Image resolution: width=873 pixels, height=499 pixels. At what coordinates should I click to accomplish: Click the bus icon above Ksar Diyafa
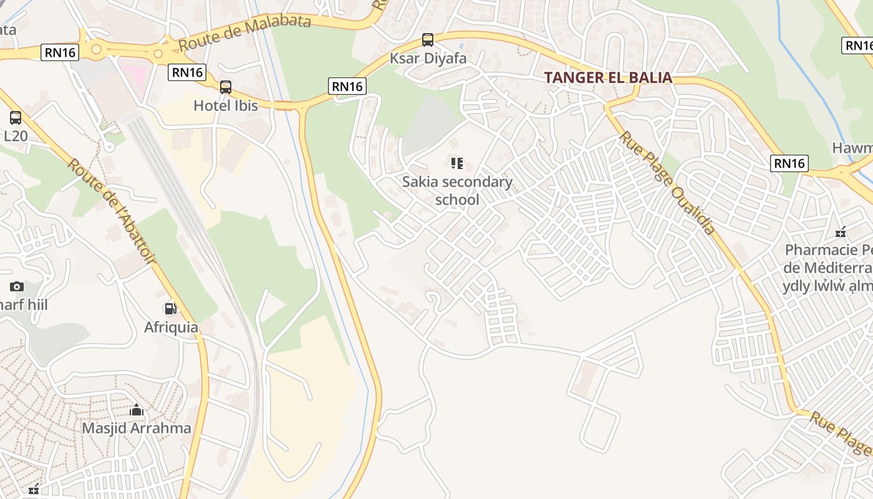[x=428, y=40]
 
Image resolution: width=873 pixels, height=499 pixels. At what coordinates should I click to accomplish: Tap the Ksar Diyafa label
[x=428, y=59]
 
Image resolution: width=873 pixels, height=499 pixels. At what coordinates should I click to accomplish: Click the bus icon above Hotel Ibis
[x=226, y=87]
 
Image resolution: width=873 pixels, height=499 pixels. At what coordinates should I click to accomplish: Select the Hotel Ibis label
[x=226, y=105]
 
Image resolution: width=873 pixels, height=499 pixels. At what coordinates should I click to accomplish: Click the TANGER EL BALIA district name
[x=608, y=77]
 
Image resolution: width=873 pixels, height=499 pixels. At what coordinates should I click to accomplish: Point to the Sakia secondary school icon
[x=457, y=163]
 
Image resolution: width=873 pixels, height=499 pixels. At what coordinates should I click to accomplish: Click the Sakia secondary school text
[x=457, y=191]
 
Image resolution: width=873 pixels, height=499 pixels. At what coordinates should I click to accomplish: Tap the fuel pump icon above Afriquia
[x=170, y=308]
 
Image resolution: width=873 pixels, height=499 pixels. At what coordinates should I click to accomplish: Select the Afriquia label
[x=171, y=327]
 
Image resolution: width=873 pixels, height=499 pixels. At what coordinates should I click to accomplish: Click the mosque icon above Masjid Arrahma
[x=137, y=410]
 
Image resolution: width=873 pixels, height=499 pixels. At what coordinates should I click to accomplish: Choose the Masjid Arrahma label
[x=137, y=429]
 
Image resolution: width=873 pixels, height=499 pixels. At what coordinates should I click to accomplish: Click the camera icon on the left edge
[x=17, y=286]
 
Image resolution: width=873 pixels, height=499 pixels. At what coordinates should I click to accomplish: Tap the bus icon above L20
[x=16, y=117]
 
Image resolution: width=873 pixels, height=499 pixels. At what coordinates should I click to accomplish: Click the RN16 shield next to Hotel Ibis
[x=187, y=72]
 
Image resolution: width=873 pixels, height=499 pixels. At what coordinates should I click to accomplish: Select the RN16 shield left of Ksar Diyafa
[x=347, y=86]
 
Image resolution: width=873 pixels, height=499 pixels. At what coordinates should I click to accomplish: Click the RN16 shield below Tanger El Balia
[x=789, y=163]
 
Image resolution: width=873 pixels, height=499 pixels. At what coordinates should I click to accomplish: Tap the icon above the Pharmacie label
[x=841, y=232]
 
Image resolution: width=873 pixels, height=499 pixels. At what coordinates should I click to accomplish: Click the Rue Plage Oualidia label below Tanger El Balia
[x=667, y=183]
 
